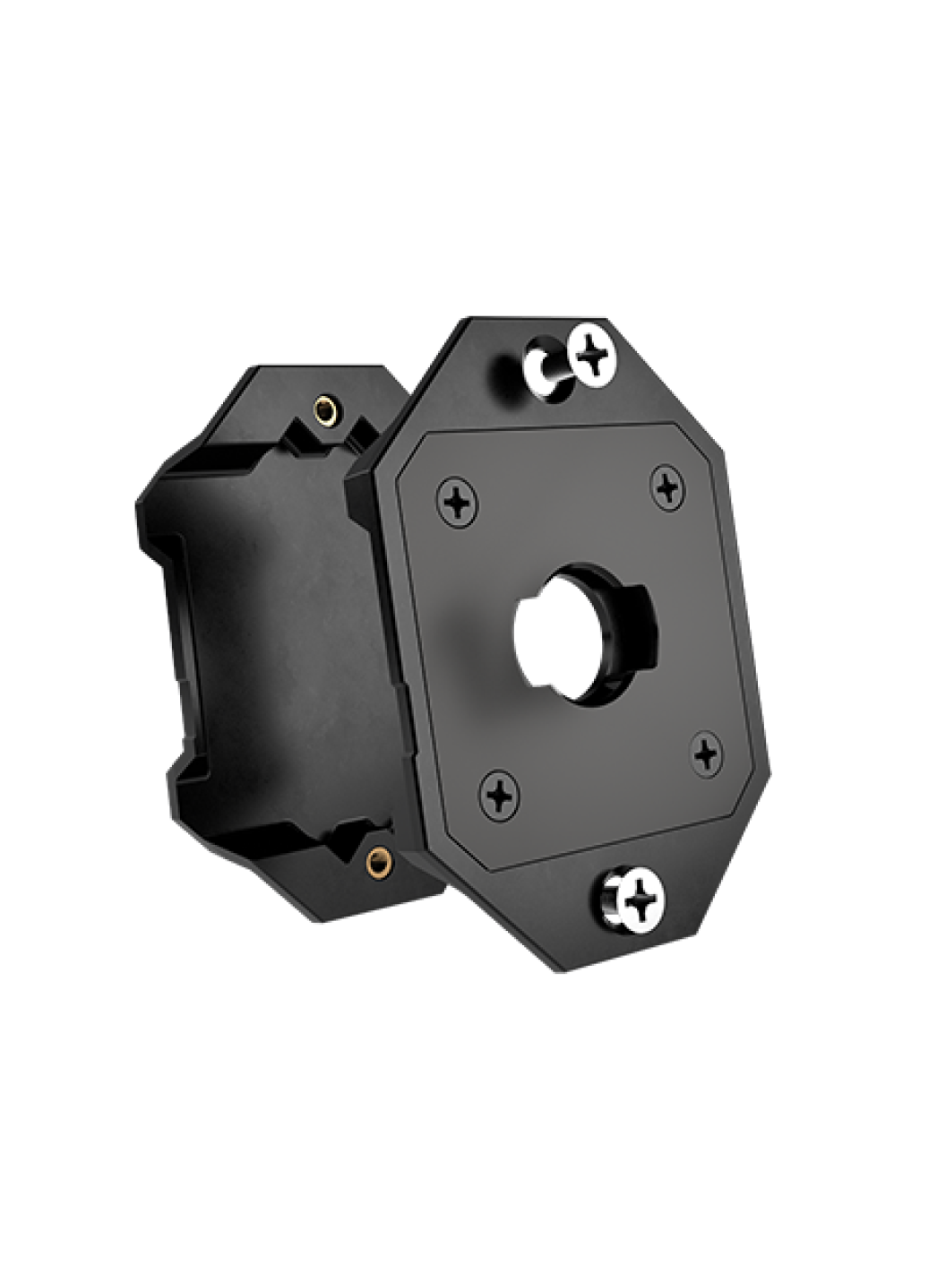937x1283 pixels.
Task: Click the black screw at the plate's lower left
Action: pyautogui.click(x=499, y=794)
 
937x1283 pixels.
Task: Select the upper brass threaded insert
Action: pyautogui.click(x=326, y=411)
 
